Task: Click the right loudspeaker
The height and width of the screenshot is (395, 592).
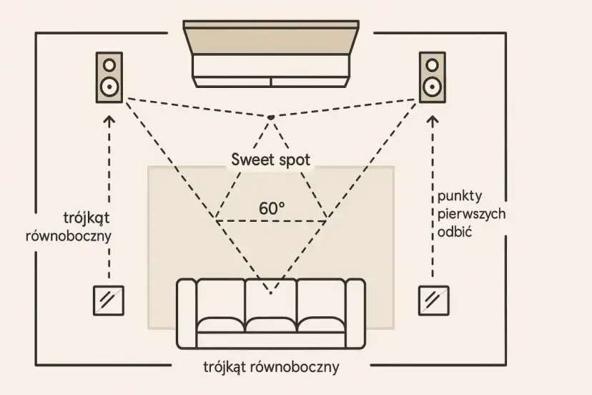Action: click(431, 77)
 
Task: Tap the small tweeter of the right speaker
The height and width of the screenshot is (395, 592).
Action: click(431, 64)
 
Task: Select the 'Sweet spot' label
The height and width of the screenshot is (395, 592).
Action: click(271, 160)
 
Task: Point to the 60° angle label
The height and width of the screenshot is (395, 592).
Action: click(272, 208)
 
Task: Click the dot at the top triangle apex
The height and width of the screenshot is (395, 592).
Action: click(271, 117)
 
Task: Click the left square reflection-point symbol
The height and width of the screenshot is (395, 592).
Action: click(109, 301)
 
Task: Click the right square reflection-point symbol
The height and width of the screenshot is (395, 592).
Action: click(434, 301)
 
